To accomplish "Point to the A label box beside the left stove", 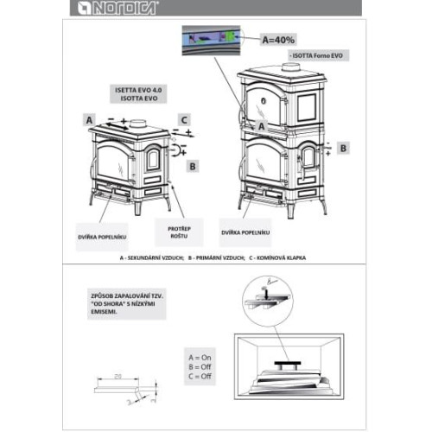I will [x=88, y=118].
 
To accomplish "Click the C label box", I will [x=184, y=118].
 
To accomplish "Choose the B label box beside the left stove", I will [x=194, y=164].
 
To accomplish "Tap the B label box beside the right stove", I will [x=343, y=149].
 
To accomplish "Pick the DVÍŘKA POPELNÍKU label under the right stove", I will [x=246, y=233].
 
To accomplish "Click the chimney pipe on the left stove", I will [x=137, y=123].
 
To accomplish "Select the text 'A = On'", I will [x=201, y=355].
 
